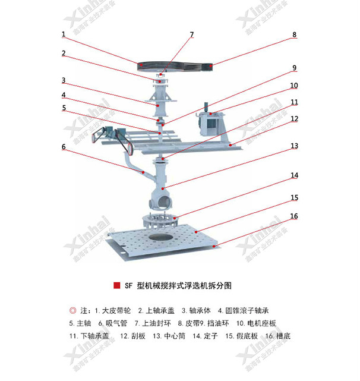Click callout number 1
63,35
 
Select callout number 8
293,35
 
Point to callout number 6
63,146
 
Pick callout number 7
191,35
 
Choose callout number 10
293,86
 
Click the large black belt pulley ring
175,65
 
